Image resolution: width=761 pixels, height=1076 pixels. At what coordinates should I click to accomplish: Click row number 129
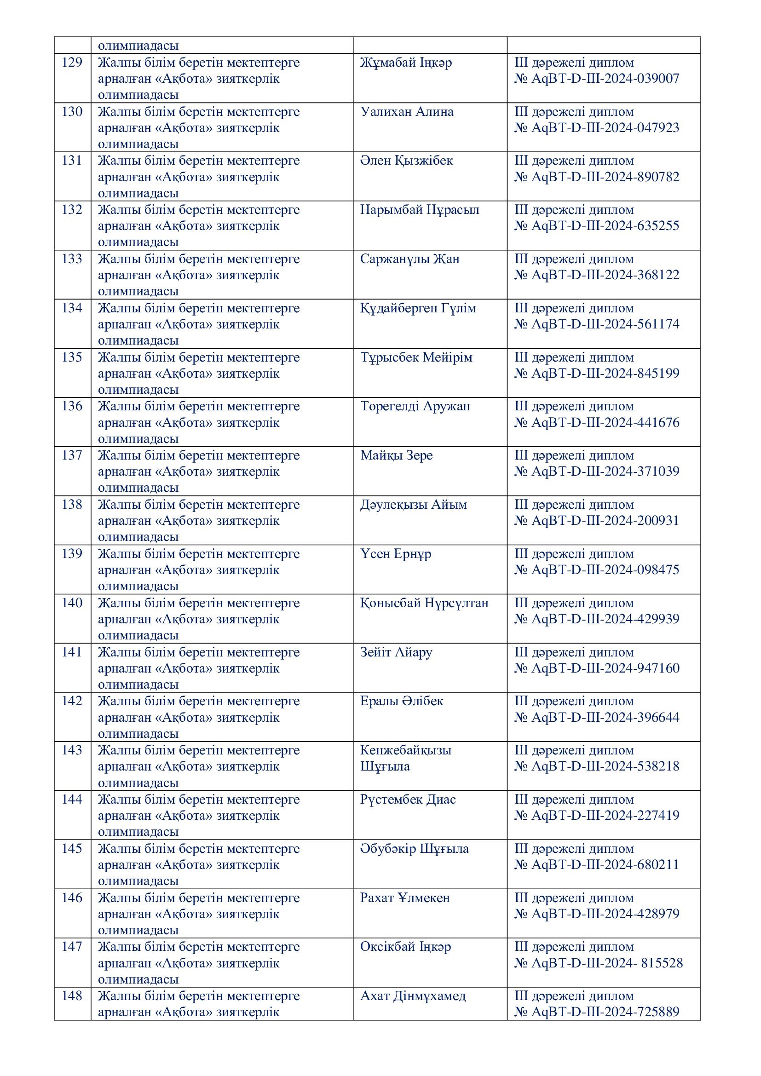tap(72, 62)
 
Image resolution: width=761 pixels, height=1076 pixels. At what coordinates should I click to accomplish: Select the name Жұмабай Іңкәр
tap(406, 62)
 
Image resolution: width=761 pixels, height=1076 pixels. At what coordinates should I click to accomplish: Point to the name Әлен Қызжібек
tap(406, 161)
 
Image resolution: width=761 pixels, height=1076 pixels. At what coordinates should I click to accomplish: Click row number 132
tap(72, 209)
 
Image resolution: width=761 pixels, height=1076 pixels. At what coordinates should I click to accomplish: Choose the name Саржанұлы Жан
tap(409, 259)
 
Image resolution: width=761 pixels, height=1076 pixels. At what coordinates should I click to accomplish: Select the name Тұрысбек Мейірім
tap(416, 357)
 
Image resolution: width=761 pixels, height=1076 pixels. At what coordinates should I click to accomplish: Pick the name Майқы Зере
tap(397, 455)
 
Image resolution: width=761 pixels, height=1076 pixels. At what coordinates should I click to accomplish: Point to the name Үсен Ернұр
tap(396, 553)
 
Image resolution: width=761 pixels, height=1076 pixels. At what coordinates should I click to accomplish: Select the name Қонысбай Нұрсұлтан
tap(424, 603)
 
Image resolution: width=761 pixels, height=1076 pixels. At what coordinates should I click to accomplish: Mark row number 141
tap(72, 652)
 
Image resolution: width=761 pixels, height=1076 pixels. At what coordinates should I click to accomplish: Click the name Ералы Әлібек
tap(402, 701)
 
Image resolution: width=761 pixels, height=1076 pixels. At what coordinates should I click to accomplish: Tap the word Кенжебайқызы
tap(405, 750)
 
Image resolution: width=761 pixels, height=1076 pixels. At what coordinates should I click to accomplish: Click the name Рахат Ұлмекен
tap(405, 898)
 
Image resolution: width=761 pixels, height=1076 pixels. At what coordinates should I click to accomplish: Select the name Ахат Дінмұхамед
tap(413, 996)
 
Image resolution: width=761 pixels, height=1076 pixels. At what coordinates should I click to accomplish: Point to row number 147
tap(72, 947)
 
